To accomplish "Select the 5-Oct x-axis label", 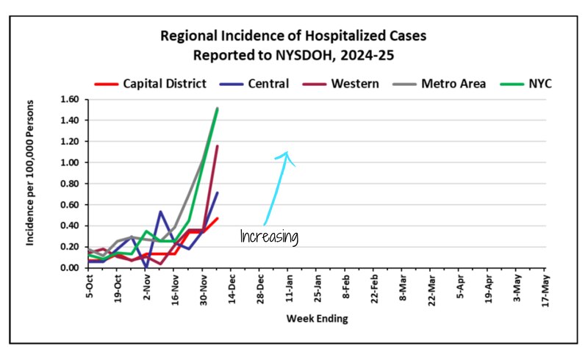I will (90, 283).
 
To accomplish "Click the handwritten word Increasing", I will (269, 237).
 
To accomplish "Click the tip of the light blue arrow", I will (287, 152).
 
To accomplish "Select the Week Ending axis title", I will (318, 318).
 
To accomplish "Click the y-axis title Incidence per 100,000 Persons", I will (32, 183).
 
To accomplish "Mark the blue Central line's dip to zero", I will (147, 267).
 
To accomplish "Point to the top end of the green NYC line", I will (218, 109).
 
